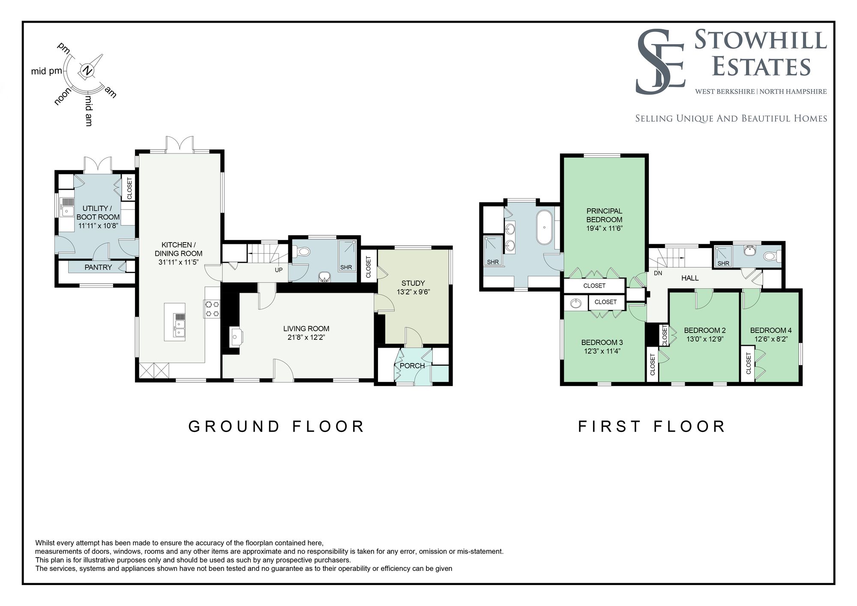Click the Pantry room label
[98, 267]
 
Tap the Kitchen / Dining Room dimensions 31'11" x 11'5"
[179, 262]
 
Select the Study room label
[413, 283]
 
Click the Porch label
[412, 366]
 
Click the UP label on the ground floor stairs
[279, 270]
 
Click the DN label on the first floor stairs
[658, 273]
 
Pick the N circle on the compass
[87, 71]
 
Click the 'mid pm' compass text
[47, 71]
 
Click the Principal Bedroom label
[604, 215]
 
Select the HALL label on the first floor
[690, 278]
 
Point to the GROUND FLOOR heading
[276, 426]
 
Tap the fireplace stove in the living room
[236, 337]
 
